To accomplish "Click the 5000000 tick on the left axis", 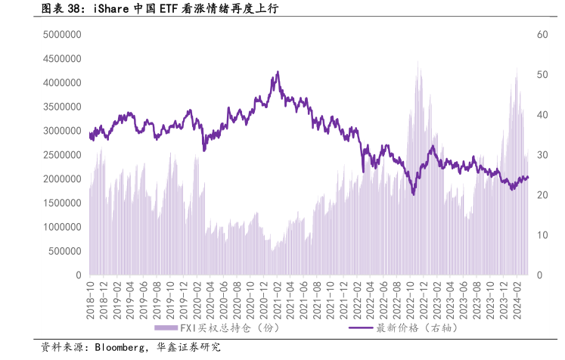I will [61, 35].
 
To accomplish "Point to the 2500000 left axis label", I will [61, 155].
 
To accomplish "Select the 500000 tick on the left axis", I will [64, 251].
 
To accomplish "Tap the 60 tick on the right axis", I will [542, 35].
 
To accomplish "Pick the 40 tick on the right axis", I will [542, 115].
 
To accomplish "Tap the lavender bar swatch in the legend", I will [165, 327].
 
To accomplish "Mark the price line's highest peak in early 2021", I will [278, 73].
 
